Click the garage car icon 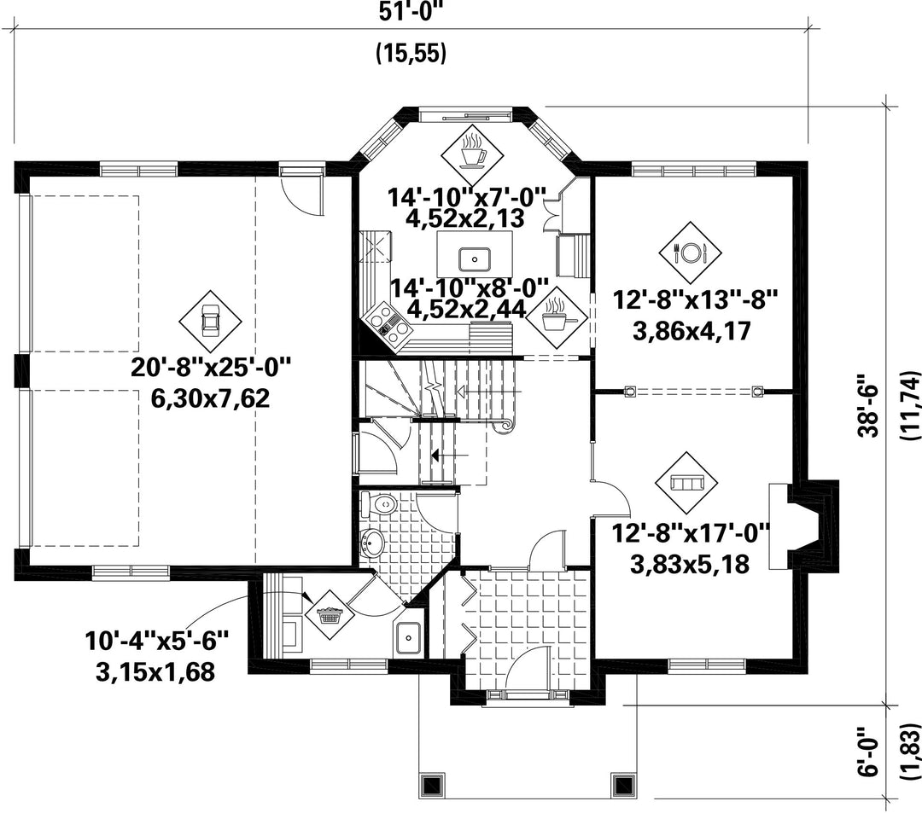210,321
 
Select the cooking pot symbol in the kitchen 555,318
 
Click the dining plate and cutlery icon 690,253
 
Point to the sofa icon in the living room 686,482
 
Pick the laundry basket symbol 330,616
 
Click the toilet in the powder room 379,504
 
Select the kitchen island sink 474,258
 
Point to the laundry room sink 407,637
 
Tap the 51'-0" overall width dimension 411,12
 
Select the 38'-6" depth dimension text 869,404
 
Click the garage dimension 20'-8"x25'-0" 211,369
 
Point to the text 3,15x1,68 155,672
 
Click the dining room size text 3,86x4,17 691,331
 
